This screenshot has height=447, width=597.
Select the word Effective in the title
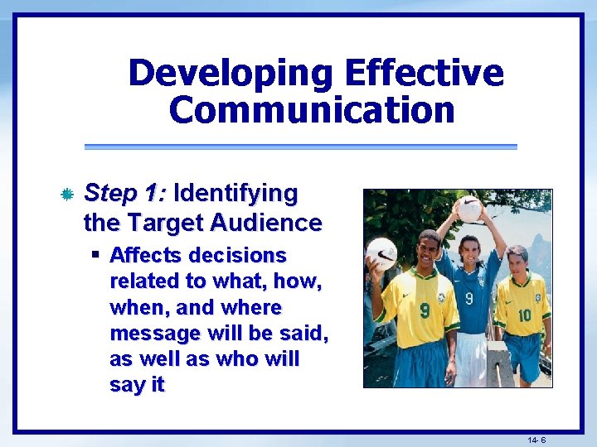tap(424, 74)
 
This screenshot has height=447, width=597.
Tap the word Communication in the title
tap(312, 110)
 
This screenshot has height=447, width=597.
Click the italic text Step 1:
tap(126, 194)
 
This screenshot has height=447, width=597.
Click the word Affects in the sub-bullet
tap(145, 255)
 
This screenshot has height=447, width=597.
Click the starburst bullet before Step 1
tap(68, 195)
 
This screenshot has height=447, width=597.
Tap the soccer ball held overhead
tap(469, 209)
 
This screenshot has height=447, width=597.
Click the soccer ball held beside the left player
tap(381, 253)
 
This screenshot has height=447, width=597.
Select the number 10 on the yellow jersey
tap(524, 315)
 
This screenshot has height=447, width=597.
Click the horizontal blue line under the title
tap(300, 147)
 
